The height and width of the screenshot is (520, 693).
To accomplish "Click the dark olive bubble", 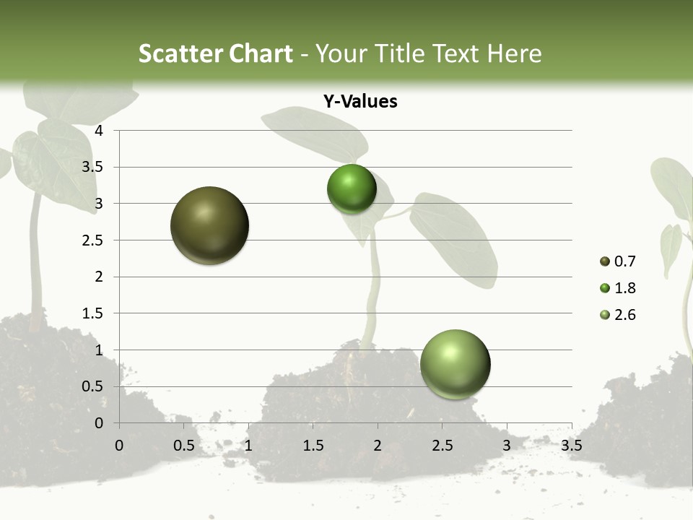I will coord(209,225).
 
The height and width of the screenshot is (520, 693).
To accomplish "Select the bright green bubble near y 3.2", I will coord(352,189).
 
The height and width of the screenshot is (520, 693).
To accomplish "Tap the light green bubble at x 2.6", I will coord(455,364).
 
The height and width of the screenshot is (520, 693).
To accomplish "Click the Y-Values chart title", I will coord(360,102).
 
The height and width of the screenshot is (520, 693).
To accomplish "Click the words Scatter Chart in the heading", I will coord(215,53).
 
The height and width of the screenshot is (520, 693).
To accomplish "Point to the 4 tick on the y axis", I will coord(100,131).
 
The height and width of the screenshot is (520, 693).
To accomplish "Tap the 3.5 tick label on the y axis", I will coord(93,168).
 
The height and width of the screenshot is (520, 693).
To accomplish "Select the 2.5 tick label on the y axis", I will coord(93,240).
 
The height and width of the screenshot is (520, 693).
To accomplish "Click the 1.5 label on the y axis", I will coord(93,313).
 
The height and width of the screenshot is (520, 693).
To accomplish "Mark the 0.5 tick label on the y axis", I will coord(93,386).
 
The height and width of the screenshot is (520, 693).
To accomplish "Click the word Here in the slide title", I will coord(514,53).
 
